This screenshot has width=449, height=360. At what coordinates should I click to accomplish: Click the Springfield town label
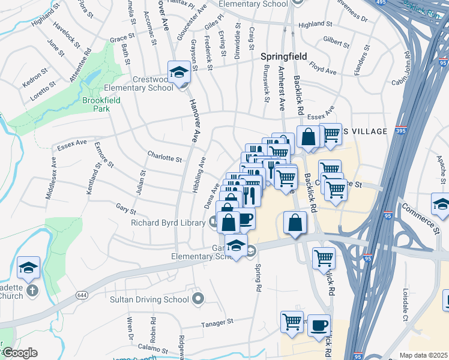point(284,57)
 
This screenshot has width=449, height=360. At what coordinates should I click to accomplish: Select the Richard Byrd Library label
point(169,223)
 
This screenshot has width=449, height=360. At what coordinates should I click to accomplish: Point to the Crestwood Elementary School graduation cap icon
point(179,73)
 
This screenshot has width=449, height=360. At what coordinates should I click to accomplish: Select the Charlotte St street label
point(164,157)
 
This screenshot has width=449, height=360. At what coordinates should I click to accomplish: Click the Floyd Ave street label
point(323,70)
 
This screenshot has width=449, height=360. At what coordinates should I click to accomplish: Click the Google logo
point(19,353)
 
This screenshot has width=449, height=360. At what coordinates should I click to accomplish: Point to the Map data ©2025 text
point(423,355)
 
